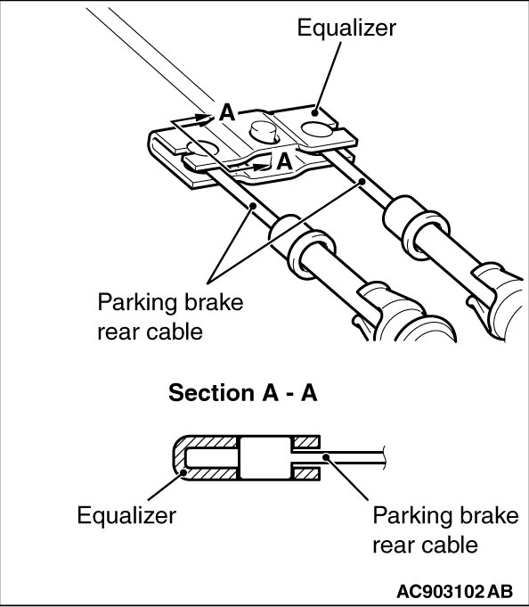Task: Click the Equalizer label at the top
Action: (x=346, y=29)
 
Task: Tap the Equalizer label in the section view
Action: (x=126, y=516)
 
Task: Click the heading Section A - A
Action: (x=243, y=393)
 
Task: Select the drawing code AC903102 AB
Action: (x=455, y=592)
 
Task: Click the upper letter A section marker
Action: (x=227, y=113)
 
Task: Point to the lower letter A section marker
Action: (x=284, y=161)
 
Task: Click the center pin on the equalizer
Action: (x=264, y=132)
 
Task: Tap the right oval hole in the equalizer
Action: (x=317, y=129)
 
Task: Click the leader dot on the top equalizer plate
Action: (x=315, y=113)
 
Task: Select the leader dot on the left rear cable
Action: (x=253, y=206)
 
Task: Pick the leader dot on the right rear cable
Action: (x=362, y=181)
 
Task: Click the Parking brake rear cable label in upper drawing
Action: (x=170, y=317)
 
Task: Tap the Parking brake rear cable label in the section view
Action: (x=445, y=530)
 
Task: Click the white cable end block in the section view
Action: (x=265, y=458)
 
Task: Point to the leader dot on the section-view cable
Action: (x=326, y=457)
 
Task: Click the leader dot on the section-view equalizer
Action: (x=183, y=472)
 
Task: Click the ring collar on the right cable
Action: (x=425, y=235)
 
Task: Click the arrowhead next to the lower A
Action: (x=262, y=167)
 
